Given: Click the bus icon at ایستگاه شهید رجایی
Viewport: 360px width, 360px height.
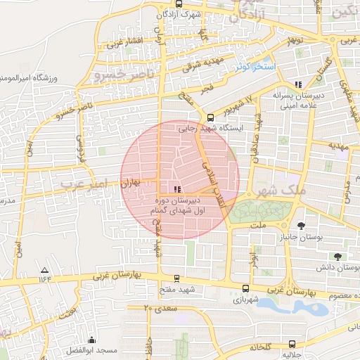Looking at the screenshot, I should pos(210,117).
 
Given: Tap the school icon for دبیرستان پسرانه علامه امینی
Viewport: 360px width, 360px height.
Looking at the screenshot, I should pos(298,84).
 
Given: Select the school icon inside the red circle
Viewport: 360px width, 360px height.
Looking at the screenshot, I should pos(176,188).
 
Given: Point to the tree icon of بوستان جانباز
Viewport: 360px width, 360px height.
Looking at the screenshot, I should pos(302,226).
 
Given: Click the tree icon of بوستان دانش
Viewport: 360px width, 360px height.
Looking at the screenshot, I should pos(339,256).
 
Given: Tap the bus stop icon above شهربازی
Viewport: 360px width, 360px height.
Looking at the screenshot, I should pos(245,288).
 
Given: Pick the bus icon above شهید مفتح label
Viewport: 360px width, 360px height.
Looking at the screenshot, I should pos(176,278).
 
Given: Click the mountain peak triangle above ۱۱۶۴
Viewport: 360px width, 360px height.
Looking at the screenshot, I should pos(45,270).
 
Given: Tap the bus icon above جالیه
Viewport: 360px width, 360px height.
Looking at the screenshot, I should pos(292,344).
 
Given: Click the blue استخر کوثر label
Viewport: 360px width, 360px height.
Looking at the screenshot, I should pos(255,66).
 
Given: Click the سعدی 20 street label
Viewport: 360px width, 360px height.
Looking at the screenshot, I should pos(157,308).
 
